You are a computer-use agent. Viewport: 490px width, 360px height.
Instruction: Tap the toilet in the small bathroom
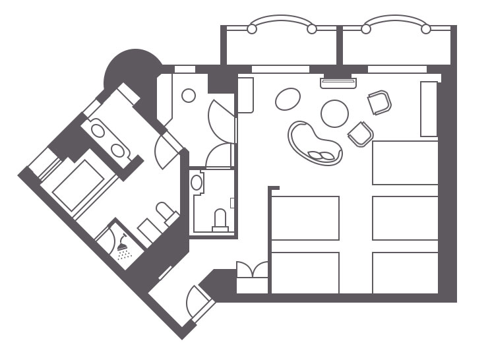(220, 218)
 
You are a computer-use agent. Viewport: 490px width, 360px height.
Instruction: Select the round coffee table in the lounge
(334, 113)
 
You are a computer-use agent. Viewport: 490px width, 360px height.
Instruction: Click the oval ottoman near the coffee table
(288, 100)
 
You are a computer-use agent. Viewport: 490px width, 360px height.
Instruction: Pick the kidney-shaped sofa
(315, 143)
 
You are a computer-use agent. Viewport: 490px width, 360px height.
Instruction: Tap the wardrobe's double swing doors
(253, 270)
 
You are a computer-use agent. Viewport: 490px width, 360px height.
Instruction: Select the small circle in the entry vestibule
(189, 96)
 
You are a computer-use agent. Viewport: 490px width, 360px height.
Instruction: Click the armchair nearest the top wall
(380, 102)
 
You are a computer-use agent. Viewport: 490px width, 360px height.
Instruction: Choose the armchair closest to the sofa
(360, 134)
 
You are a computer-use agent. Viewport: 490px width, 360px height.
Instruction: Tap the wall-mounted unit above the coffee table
(338, 83)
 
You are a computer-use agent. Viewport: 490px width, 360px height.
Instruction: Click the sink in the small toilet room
(197, 183)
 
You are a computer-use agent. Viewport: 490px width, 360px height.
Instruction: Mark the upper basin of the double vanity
(98, 131)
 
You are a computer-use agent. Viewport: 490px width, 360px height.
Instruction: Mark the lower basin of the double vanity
(117, 150)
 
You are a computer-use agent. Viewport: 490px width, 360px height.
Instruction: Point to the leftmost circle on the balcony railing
(251, 28)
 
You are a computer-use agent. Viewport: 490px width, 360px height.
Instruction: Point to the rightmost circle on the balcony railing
(426, 28)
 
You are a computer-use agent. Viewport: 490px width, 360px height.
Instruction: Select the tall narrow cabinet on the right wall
(429, 109)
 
